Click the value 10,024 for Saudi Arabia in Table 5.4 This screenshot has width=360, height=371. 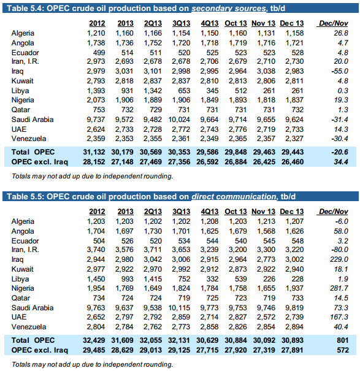(x=179, y=120)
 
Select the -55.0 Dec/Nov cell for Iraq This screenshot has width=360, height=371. (x=340, y=71)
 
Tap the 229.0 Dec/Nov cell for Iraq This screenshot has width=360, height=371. (x=339, y=259)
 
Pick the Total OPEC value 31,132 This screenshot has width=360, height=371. (x=94, y=152)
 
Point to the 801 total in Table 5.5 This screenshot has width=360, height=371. (x=343, y=340)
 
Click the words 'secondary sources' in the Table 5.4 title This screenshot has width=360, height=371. (x=229, y=9)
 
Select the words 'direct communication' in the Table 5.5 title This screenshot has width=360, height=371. (x=234, y=197)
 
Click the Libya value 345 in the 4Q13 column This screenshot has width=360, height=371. (x=212, y=91)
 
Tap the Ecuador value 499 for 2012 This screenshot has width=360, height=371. (x=99, y=53)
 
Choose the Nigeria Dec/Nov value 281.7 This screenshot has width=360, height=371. (x=339, y=288)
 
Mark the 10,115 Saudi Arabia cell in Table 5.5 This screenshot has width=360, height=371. (x=179, y=308)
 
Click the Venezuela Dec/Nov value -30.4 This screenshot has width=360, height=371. (x=340, y=139)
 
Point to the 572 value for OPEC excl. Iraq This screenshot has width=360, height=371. (x=343, y=350)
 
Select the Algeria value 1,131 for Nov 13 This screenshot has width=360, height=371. (x=266, y=33)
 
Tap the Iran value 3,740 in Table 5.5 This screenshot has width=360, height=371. (x=96, y=250)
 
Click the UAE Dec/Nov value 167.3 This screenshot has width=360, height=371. (x=339, y=317)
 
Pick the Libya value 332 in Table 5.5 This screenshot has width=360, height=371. (x=212, y=279)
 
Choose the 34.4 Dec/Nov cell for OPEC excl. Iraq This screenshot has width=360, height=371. (x=341, y=162)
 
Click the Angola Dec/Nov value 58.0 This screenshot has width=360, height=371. (x=341, y=231)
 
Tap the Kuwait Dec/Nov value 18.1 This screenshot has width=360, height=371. (x=341, y=269)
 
